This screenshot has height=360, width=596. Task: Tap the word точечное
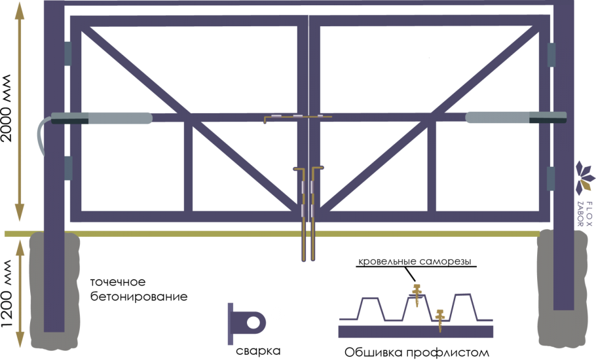(118, 282)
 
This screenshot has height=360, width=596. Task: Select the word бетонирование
(139, 297)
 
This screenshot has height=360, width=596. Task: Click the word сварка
(259, 351)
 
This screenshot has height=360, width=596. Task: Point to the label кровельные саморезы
(415, 261)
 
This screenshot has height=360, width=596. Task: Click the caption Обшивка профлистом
(417, 352)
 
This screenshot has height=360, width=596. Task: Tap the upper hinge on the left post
(67, 54)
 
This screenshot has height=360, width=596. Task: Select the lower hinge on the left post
(68, 168)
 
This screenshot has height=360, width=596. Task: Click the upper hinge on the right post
(551, 55)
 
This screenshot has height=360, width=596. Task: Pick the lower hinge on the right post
(551, 179)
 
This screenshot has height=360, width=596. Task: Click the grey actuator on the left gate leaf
(102, 118)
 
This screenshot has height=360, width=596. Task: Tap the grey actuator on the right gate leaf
(516, 117)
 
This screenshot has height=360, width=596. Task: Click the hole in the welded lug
(253, 323)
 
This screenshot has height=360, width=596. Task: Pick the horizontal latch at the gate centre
(298, 117)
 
